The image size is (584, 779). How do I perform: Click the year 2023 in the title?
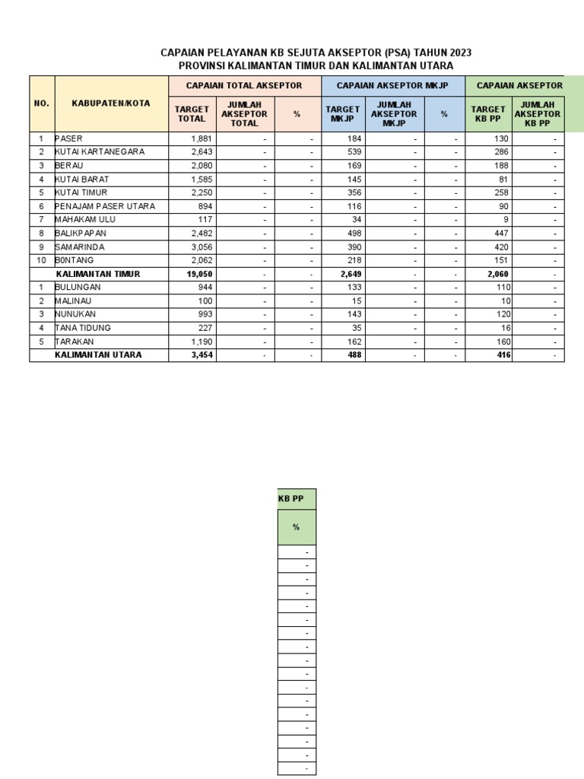[x=460, y=52]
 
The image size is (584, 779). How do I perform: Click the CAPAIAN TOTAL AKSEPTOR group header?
[x=244, y=86]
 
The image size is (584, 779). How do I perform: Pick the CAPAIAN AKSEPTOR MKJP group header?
[x=394, y=86]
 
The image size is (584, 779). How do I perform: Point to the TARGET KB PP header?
[x=488, y=114]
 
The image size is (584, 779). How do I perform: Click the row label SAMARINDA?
[x=80, y=247]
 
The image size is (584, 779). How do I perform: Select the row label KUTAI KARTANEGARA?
[x=100, y=151]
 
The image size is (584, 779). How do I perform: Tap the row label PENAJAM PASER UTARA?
[x=105, y=206]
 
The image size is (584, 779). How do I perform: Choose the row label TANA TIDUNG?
[x=83, y=328]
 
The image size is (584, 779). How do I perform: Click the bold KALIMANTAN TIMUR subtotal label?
[x=97, y=274]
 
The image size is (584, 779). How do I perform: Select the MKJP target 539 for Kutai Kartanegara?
[x=354, y=151]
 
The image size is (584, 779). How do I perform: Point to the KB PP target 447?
[x=500, y=234]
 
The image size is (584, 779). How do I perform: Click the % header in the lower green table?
[x=296, y=527]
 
